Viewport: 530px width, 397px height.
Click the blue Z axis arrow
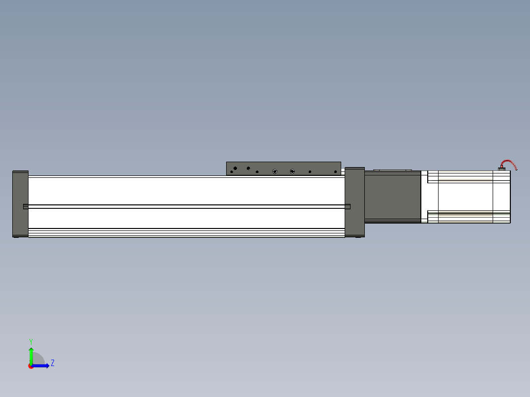pyautogui.click(x=40, y=366)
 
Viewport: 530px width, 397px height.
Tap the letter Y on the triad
pyautogui.click(x=31, y=341)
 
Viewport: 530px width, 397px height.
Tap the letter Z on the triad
pyautogui.click(x=53, y=363)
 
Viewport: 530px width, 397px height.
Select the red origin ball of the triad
pyautogui.click(x=31, y=366)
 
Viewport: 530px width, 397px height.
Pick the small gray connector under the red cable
pyautogui.click(x=501, y=169)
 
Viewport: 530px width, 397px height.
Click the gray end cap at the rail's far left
pyautogui.click(x=20, y=204)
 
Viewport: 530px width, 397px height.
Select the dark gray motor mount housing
pyautogui.click(x=393, y=197)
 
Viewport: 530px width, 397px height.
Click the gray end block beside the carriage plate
pyautogui.click(x=354, y=202)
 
